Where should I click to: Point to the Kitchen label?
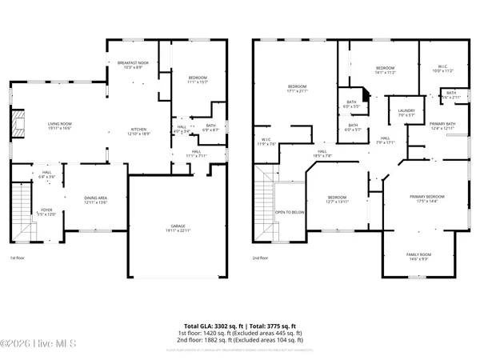[x=138, y=131]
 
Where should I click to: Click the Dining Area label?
[x=95, y=200]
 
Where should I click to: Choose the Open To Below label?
[x=290, y=212]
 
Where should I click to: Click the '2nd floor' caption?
[x=262, y=258]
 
